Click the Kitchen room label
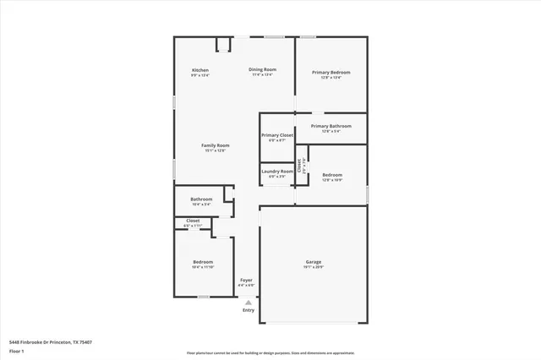click(200, 69)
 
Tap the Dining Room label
click(262, 69)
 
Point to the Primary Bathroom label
click(331, 126)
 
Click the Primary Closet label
click(276, 135)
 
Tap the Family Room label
click(216, 145)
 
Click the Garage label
click(314, 262)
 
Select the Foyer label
click(246, 280)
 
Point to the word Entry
click(248, 310)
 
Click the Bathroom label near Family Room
click(201, 199)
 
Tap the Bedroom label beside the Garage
click(203, 262)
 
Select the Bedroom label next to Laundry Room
click(332, 175)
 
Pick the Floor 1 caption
click(17, 350)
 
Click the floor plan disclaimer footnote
click(270, 351)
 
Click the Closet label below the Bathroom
click(193, 221)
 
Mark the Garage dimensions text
click(314, 267)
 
